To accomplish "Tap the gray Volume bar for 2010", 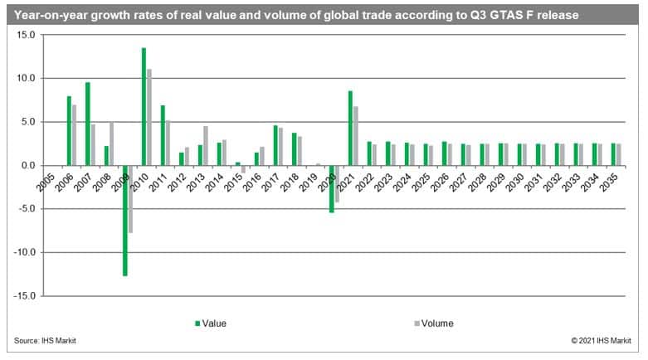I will tap(149, 117).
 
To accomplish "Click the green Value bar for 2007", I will tap(88, 124).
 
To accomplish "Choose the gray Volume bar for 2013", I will tap(205, 145).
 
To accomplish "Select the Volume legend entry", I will tap(436, 324).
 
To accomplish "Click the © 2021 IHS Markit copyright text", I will tap(602, 341).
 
